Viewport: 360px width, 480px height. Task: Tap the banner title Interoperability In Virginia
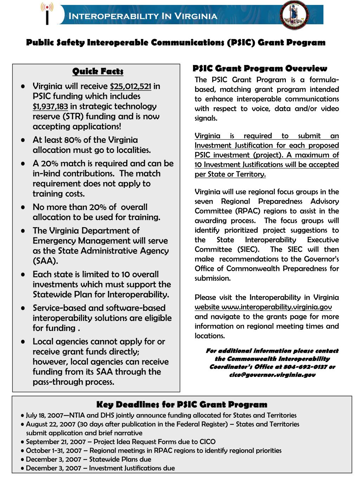(x=142, y=16)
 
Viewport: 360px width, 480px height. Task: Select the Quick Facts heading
(x=98, y=72)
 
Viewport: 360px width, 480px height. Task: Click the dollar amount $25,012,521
(x=130, y=87)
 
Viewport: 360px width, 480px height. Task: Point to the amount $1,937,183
(x=50, y=107)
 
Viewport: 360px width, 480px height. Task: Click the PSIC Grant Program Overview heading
(x=260, y=69)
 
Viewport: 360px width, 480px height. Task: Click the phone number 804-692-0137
(x=308, y=367)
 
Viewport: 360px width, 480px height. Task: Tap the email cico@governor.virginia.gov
(x=272, y=375)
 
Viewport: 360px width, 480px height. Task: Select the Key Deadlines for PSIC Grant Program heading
(x=182, y=404)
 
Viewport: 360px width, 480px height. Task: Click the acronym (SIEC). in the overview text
(x=248, y=250)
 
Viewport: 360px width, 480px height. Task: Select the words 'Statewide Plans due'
(x=120, y=459)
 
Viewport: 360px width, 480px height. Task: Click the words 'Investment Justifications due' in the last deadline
(x=132, y=468)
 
